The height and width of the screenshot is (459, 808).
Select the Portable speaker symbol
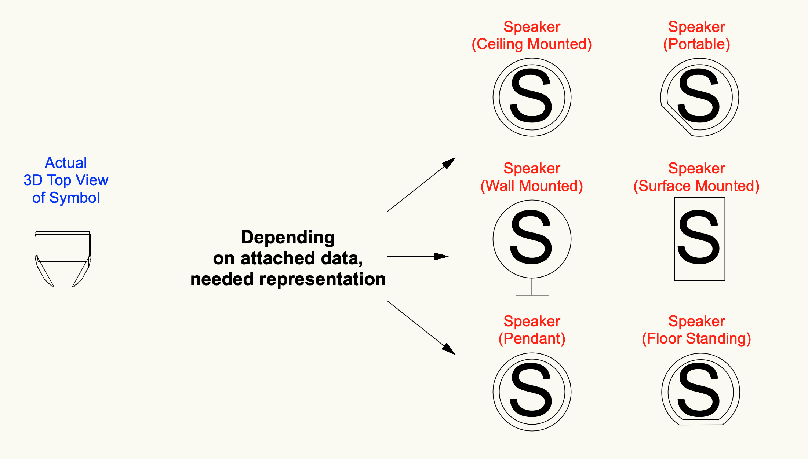pos(699,59)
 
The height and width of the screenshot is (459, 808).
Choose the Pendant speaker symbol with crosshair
pos(532,392)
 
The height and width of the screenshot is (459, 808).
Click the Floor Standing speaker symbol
pos(700,354)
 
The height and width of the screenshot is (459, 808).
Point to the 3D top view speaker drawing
pos(63,259)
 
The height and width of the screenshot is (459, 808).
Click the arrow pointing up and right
pos(421,184)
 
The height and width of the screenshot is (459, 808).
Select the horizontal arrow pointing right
pos(418,256)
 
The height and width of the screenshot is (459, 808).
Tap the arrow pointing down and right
pos(421,328)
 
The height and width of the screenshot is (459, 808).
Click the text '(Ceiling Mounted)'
pos(532,44)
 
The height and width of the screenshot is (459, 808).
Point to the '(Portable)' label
pos(696,44)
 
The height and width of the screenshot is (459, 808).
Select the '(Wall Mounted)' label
pos(532,186)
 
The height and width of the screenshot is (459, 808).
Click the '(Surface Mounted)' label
pos(696,186)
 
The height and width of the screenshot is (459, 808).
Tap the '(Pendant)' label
pos(532,338)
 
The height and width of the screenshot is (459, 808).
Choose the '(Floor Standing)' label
pos(696,339)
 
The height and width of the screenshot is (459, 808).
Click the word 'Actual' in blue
pos(66,163)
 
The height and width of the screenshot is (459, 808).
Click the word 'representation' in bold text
pos(323,280)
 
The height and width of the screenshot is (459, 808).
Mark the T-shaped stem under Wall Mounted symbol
pos(532,287)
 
